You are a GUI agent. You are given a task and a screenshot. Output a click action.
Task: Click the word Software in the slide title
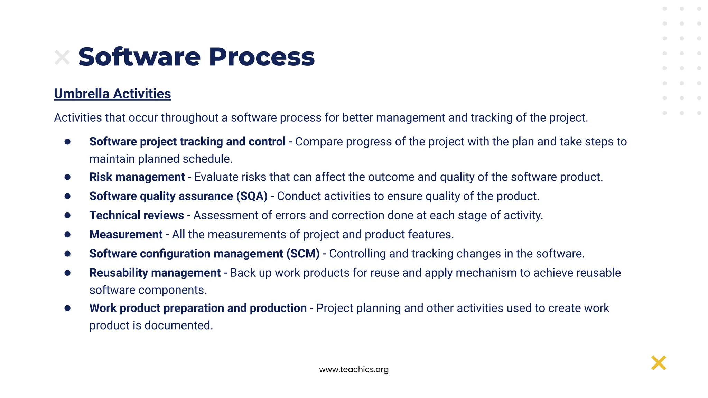[x=139, y=57]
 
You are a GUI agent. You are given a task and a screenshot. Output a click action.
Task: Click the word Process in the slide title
[x=262, y=57]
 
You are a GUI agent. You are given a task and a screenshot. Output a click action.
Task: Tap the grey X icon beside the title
[x=62, y=57]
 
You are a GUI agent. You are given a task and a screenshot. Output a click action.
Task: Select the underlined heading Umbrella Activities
[x=112, y=94]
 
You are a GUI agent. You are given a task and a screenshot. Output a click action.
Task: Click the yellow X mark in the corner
[x=659, y=363]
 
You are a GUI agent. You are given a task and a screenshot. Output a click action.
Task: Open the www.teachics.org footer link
[x=354, y=369]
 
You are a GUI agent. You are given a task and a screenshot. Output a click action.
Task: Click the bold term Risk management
[x=137, y=177]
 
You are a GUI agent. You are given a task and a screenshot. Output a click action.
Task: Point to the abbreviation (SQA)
[x=252, y=196]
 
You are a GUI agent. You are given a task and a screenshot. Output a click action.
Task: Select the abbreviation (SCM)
[x=303, y=254]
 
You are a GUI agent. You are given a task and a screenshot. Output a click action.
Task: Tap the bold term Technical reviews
[x=137, y=215]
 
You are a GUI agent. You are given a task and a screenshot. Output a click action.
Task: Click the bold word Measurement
[x=126, y=235]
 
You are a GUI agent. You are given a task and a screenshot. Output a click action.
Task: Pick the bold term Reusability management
[x=155, y=273]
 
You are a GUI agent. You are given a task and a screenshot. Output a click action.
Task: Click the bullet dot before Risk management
[x=67, y=177]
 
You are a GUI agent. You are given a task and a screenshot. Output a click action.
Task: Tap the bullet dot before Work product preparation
[x=67, y=308]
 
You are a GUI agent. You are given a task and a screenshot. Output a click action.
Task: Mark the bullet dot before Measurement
[x=67, y=235]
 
